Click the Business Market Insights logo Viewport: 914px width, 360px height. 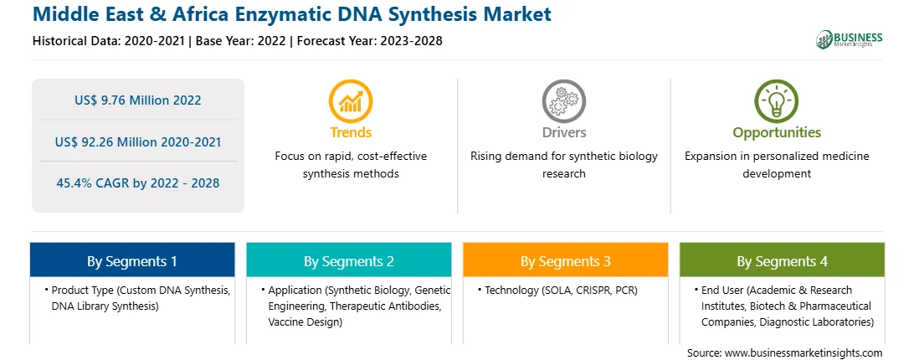(850, 39)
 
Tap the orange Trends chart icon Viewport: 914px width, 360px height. (351, 101)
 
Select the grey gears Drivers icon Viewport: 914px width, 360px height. (563, 101)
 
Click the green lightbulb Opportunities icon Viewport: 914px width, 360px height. (777, 101)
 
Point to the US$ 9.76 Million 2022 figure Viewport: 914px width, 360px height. (137, 100)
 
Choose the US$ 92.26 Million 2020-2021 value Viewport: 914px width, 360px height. (138, 141)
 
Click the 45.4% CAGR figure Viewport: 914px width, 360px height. (138, 183)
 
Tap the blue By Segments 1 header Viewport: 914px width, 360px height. (132, 260)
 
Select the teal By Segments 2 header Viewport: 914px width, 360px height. (348, 260)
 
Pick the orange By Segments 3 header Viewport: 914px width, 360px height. (566, 260)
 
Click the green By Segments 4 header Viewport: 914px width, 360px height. (783, 260)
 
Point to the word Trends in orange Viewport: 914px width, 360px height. (351, 132)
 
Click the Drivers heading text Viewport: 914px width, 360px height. (563, 132)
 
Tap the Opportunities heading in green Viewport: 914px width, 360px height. (777, 132)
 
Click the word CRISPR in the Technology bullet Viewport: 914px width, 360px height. (594, 290)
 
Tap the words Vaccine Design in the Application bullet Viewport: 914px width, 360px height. (305, 321)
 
